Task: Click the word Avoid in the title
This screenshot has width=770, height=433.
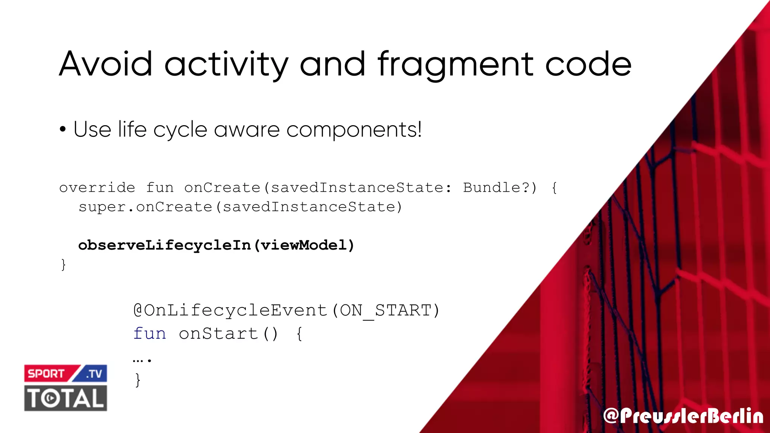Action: click(x=106, y=64)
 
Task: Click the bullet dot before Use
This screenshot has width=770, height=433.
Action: click(x=63, y=130)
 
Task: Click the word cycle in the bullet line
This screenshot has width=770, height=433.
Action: click(x=180, y=130)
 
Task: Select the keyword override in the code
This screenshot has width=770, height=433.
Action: click(x=97, y=187)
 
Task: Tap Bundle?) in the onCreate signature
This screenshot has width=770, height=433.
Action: click(x=500, y=187)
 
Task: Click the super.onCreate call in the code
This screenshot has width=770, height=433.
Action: click(x=240, y=207)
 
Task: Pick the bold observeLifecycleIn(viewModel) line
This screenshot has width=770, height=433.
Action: click(x=216, y=245)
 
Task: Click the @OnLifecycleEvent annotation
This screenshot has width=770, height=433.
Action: click(x=230, y=310)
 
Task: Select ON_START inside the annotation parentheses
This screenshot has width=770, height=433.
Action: click(x=385, y=310)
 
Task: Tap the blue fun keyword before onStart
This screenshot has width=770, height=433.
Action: click(x=150, y=333)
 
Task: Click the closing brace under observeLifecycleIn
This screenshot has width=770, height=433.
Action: click(x=63, y=265)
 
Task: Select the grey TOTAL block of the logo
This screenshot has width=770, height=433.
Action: click(x=66, y=398)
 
